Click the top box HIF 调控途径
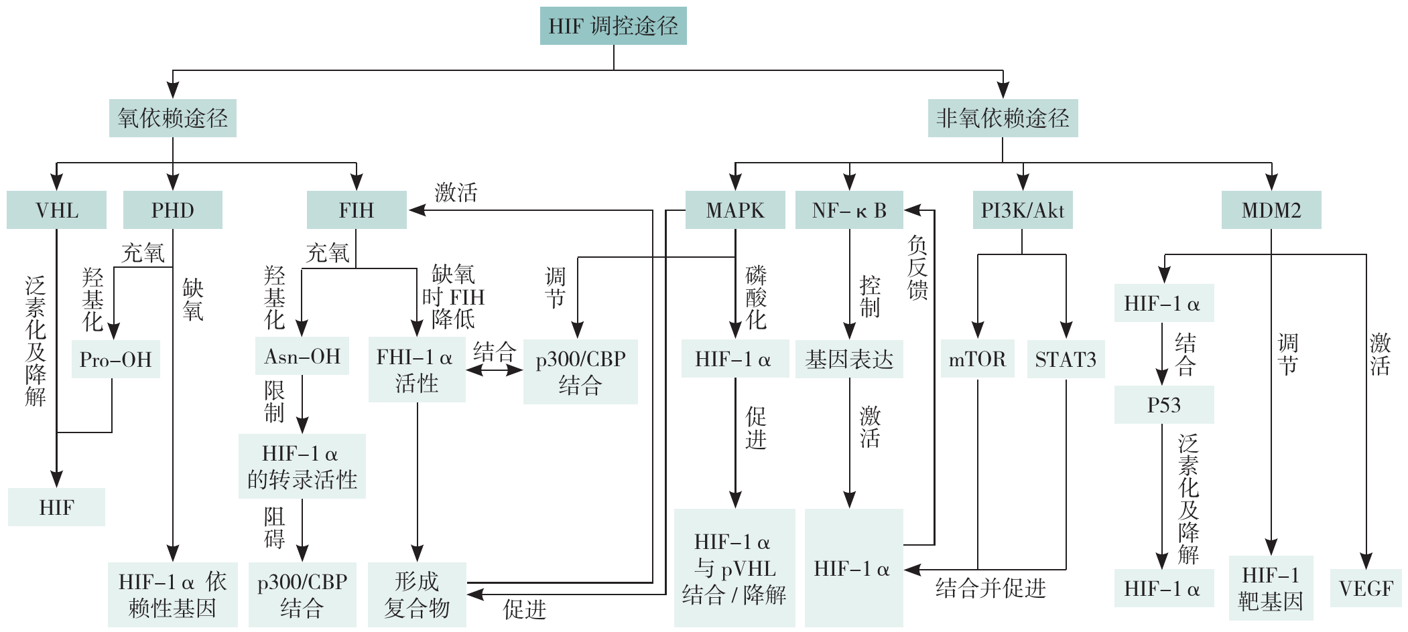coord(613,26)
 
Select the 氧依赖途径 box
coord(173,118)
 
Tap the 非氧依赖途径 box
coord(1003,118)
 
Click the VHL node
coord(56,210)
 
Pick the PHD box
coord(173,210)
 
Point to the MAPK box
coord(735,210)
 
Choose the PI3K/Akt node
coord(1023,210)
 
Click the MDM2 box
coord(1271,210)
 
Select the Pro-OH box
coord(115,360)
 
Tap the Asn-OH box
coord(302,356)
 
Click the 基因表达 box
coord(849,360)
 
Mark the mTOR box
coord(977,360)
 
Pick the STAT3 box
coord(1066,360)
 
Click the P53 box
coord(1164,405)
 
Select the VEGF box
coord(1366,588)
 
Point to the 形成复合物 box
coord(417,595)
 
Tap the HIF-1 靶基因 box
coord(1271,588)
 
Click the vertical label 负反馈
coord(917,268)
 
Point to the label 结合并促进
coord(990,588)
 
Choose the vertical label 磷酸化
coord(756,297)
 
